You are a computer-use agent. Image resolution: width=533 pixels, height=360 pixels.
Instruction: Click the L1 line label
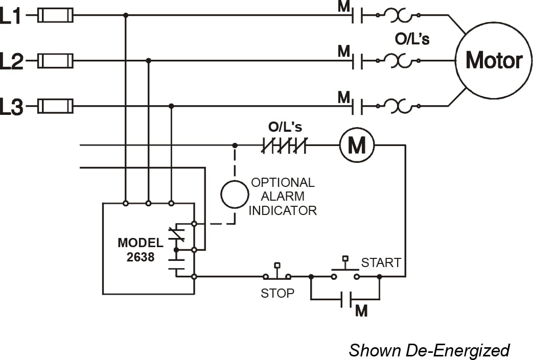point(11,16)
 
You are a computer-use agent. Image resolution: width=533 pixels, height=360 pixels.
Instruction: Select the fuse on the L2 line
point(56,61)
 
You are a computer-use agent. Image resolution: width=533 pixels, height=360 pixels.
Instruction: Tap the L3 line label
point(11,108)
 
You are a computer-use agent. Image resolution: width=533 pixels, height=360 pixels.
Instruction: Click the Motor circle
point(493,61)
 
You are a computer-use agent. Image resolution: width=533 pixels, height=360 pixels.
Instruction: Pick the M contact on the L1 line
point(357,16)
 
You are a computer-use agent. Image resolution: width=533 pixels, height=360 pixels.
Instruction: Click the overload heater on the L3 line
point(398,107)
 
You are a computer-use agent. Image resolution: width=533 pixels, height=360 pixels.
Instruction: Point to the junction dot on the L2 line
point(148,60)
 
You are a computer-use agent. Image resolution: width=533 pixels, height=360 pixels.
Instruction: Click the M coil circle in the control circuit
point(357,146)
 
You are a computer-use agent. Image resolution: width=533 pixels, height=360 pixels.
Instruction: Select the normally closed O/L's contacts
point(284,146)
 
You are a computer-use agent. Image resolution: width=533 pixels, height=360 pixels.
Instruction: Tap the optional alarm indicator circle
point(235,194)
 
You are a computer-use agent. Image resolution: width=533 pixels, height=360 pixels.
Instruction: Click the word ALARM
point(282,196)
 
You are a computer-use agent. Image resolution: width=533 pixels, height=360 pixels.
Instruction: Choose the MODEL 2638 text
point(141,250)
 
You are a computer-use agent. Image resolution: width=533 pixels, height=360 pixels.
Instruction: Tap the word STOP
point(277,294)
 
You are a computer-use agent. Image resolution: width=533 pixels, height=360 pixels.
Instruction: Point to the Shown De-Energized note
point(429,350)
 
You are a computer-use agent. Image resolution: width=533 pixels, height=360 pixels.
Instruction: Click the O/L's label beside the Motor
point(412,39)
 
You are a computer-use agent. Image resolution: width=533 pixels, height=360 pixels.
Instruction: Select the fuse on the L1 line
point(56,16)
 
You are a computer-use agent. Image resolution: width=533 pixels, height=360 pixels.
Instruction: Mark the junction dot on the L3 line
point(171,106)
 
